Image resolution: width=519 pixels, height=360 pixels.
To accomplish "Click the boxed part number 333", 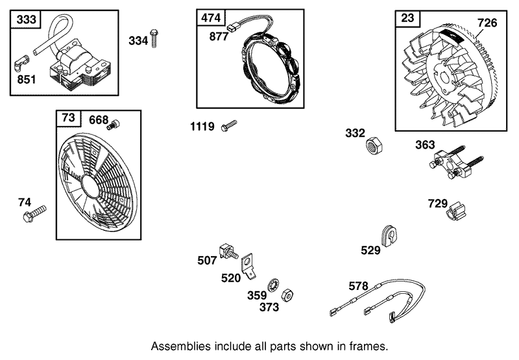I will click(x=27, y=20).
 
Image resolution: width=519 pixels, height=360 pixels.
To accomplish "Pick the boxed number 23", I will click(x=407, y=18).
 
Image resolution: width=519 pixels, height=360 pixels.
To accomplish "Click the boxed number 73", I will click(x=69, y=118).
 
